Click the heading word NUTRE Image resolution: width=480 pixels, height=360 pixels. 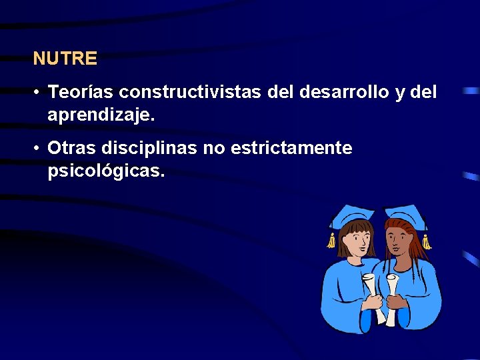coord(65,59)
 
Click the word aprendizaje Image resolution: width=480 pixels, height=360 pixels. coord(101,115)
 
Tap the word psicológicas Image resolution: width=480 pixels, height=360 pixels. coord(105,171)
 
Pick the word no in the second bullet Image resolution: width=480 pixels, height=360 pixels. coord(213,148)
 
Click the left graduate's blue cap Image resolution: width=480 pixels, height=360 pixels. coord(353,215)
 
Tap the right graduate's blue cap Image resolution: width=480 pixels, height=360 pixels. coord(405,215)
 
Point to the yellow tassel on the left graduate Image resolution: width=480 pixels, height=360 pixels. coord(331,241)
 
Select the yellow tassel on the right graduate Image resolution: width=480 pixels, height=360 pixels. coord(427,241)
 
